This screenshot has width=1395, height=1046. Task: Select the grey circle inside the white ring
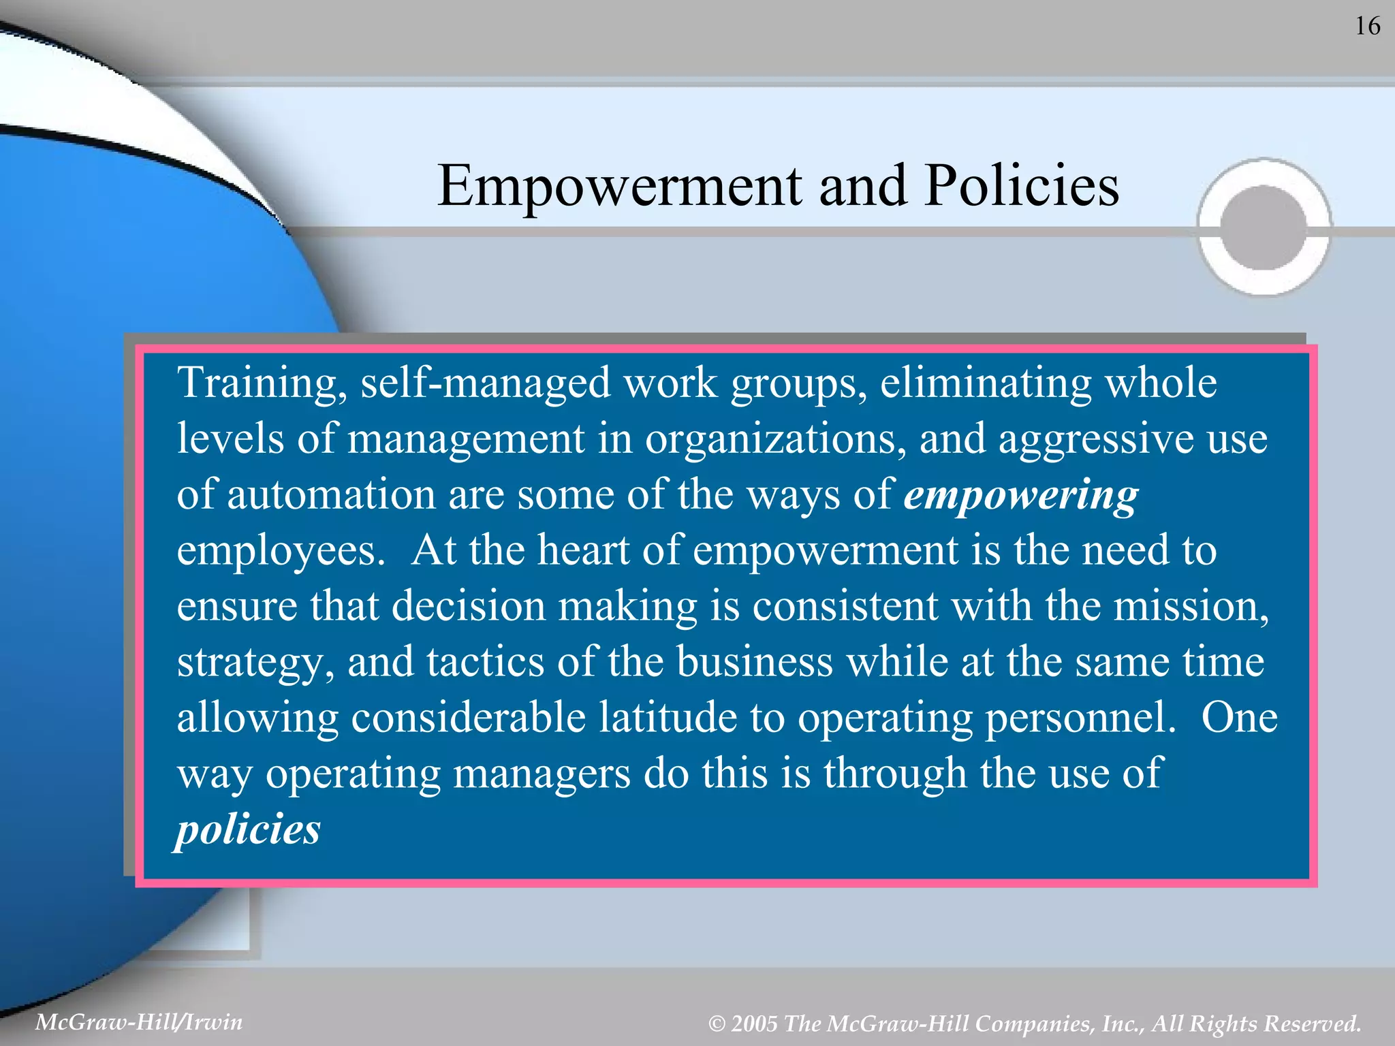pos(1264,228)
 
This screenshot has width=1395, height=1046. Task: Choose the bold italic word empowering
pos(1020,495)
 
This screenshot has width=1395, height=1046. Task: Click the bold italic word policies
pos(248,830)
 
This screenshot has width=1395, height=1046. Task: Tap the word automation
pos(331,494)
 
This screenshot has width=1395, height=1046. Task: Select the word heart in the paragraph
pos(582,550)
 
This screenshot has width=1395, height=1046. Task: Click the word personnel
pos(1080,718)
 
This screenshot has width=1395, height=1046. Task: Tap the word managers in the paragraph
pos(542,774)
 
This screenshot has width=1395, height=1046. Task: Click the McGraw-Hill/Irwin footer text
pos(139,1022)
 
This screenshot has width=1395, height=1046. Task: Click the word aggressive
pos(1096,439)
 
